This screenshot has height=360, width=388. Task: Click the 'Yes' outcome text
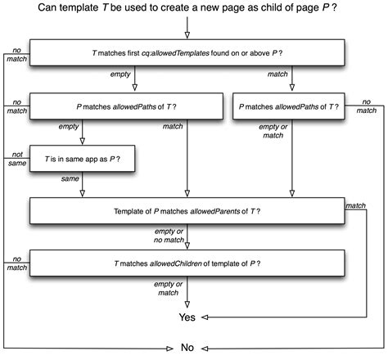click(187, 316)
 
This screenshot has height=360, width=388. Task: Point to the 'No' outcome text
click(187, 348)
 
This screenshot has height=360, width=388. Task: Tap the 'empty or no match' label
click(173, 232)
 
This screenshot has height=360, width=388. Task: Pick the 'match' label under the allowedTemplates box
click(277, 74)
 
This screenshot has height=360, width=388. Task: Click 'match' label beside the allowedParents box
click(356, 205)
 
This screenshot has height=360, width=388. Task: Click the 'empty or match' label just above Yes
click(173, 286)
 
